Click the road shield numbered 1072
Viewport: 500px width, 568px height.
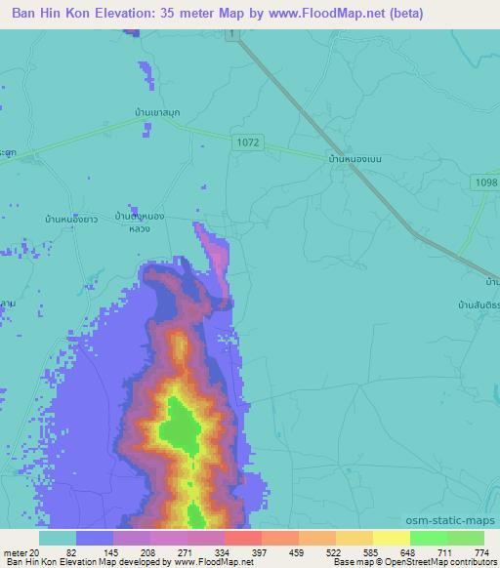tap(248, 142)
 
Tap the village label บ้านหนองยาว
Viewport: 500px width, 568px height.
tap(67, 221)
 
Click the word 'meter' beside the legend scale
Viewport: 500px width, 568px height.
tap(14, 551)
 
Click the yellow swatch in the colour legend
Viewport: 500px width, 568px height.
tap(391, 538)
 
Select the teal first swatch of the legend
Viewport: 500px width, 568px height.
tap(58, 538)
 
